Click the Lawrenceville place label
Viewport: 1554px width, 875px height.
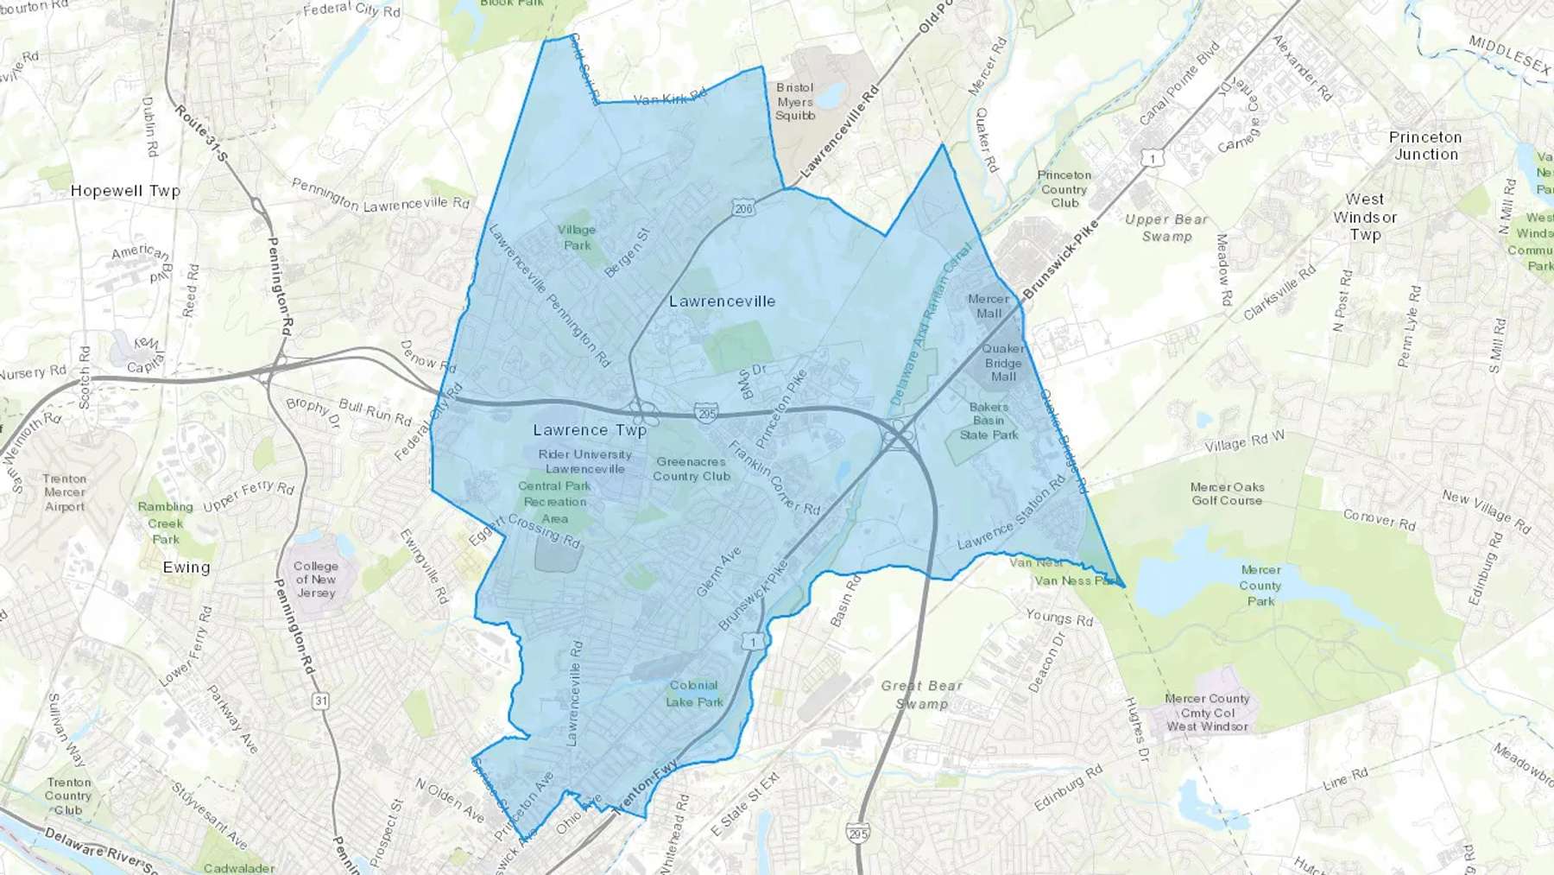pyautogui.click(x=722, y=301)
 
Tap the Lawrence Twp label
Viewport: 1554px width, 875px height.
pyautogui.click(x=590, y=430)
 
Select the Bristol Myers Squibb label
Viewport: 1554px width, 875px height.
pyautogui.click(x=795, y=102)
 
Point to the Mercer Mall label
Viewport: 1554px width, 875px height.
pyautogui.click(x=989, y=306)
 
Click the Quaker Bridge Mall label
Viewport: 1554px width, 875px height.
pyautogui.click(x=1003, y=363)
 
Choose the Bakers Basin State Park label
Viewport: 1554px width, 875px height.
pyautogui.click(x=989, y=421)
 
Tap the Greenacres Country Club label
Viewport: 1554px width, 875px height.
pyautogui.click(x=691, y=469)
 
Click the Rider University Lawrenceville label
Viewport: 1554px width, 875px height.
pyautogui.click(x=584, y=461)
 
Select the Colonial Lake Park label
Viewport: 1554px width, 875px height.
pyautogui.click(x=694, y=694)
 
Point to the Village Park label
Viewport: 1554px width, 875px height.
pyautogui.click(x=576, y=238)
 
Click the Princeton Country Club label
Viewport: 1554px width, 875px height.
pyautogui.click(x=1064, y=188)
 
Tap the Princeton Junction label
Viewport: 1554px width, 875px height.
pyautogui.click(x=1425, y=146)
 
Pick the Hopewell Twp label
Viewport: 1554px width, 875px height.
pyautogui.click(x=125, y=191)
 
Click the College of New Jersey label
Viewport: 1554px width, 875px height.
pyautogui.click(x=316, y=580)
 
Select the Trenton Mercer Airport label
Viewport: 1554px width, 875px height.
pyautogui.click(x=65, y=492)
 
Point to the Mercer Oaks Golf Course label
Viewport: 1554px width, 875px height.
pyautogui.click(x=1227, y=494)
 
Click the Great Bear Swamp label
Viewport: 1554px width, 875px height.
pyautogui.click(x=921, y=694)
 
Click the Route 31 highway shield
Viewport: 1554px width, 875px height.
pyautogui.click(x=321, y=701)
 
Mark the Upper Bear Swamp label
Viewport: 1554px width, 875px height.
pyautogui.click(x=1166, y=228)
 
